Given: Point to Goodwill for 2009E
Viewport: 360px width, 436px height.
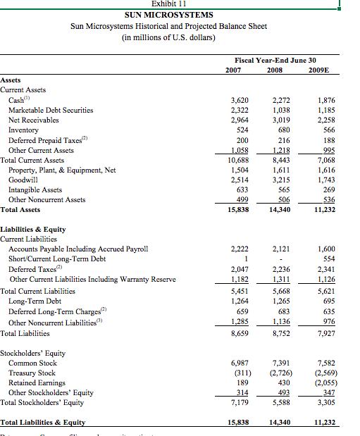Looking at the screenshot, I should (x=326, y=180).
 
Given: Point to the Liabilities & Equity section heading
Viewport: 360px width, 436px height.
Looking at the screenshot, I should (x=35, y=230).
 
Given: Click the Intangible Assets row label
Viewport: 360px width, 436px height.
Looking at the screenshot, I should (x=35, y=189).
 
